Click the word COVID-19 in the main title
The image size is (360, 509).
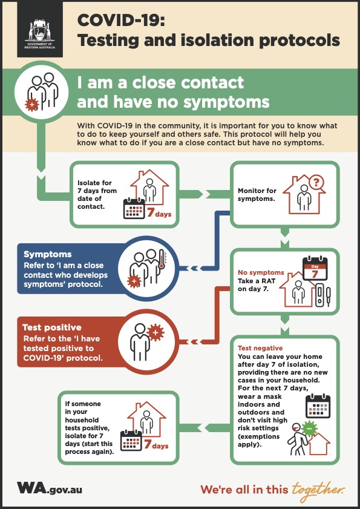point(121,21)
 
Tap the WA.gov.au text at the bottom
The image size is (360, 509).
point(50,488)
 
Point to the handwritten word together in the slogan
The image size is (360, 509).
point(318,490)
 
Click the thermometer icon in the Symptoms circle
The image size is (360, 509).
point(162,260)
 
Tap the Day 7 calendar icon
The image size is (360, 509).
point(315,269)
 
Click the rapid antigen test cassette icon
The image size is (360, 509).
point(319,295)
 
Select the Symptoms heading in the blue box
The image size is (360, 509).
point(48,254)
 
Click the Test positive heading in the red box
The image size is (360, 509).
point(52,327)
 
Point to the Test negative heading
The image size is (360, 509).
point(260,349)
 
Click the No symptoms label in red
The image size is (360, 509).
point(261,272)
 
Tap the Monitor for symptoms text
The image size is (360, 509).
point(257,194)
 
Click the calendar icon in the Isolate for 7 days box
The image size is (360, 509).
point(134,208)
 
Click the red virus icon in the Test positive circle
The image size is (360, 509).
point(155,332)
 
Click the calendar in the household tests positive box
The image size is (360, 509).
point(131,441)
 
